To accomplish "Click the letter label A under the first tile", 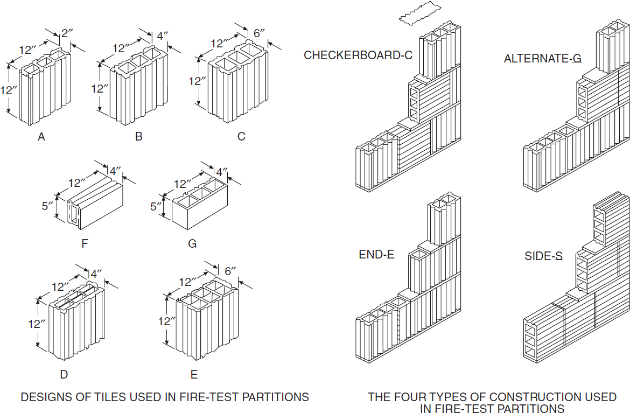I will [41, 137].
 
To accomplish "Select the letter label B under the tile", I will [139, 137].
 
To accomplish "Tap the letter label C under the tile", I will [241, 137].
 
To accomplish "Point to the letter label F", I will [85, 243].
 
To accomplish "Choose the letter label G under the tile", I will [192, 244].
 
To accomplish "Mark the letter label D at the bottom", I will [64, 374].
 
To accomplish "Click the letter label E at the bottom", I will [194, 374].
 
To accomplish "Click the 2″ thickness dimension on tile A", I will [66, 33].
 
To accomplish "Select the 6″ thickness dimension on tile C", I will [259, 33].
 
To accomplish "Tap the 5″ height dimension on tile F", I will [48, 206].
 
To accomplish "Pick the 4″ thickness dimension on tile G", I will [221, 172].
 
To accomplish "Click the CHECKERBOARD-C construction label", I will [358, 55].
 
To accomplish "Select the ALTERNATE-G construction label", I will [542, 59].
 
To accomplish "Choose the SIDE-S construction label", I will [543, 256].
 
